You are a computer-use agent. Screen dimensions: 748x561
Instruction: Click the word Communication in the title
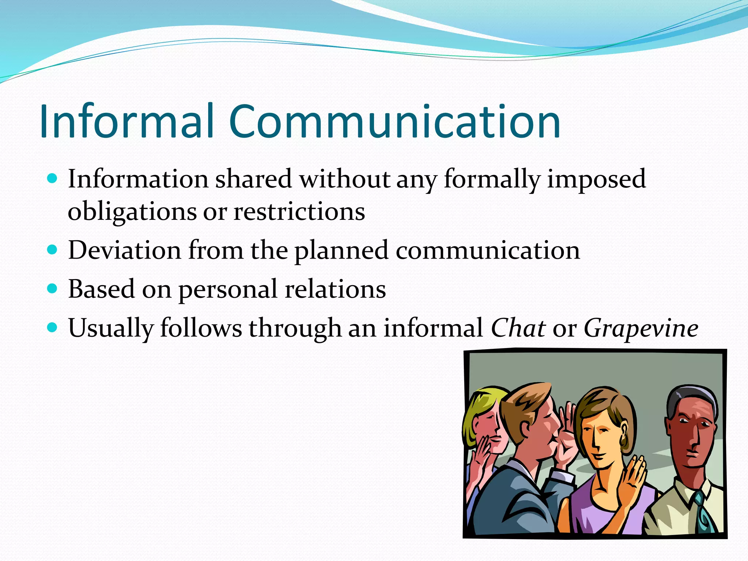click(x=395, y=121)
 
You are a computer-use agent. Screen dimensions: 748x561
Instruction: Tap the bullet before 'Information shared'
click(x=53, y=179)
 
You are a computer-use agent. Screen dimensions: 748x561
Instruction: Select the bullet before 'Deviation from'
click(x=53, y=250)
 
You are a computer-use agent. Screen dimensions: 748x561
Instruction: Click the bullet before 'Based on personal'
click(x=53, y=289)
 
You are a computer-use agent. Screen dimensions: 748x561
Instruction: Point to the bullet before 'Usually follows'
click(x=53, y=327)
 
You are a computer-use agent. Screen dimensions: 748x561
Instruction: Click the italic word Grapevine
click(x=641, y=328)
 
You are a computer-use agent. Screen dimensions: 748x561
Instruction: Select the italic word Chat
click(x=518, y=328)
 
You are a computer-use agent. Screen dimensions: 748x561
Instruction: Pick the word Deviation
click(x=125, y=250)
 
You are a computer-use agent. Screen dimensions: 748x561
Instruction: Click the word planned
click(x=341, y=251)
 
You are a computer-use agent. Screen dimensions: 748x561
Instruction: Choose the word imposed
click(x=596, y=179)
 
